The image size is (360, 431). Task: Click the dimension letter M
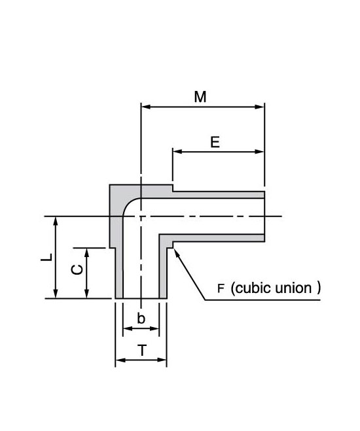pos(200,97)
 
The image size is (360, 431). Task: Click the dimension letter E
pos(215,143)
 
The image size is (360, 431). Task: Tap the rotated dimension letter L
pos(46,257)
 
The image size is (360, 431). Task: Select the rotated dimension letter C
pos(77,269)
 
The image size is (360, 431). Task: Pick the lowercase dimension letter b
pos(141,319)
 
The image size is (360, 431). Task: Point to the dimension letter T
pos(142,351)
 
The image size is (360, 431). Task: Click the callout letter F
pos(221,289)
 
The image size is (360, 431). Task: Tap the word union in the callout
pos(293,288)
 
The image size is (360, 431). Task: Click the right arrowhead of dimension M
pos(260,107)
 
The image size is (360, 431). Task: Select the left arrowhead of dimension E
pos(177,152)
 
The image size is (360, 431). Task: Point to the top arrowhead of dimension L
pos(56,221)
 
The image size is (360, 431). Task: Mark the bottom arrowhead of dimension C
pos(86,294)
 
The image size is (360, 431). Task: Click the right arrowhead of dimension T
pos(162,360)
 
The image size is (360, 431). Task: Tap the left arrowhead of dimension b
pos(128,328)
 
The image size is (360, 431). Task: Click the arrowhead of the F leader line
pos(177,252)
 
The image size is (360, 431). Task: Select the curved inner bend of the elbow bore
pos(129,203)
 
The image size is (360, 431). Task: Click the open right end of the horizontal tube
pos(264,216)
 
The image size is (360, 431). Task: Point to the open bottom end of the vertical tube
pos(141,298)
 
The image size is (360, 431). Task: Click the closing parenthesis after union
pos(319,288)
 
